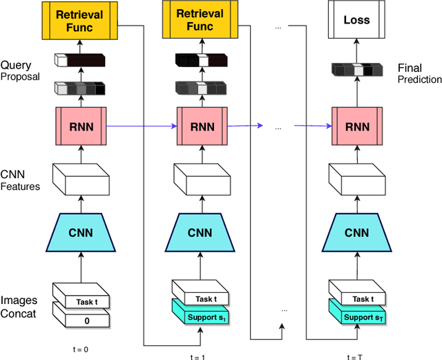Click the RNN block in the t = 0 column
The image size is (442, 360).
[79, 126]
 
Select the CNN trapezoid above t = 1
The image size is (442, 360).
[200, 233]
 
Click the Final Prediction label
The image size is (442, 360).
[419, 74]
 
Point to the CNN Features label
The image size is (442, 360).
[21, 180]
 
